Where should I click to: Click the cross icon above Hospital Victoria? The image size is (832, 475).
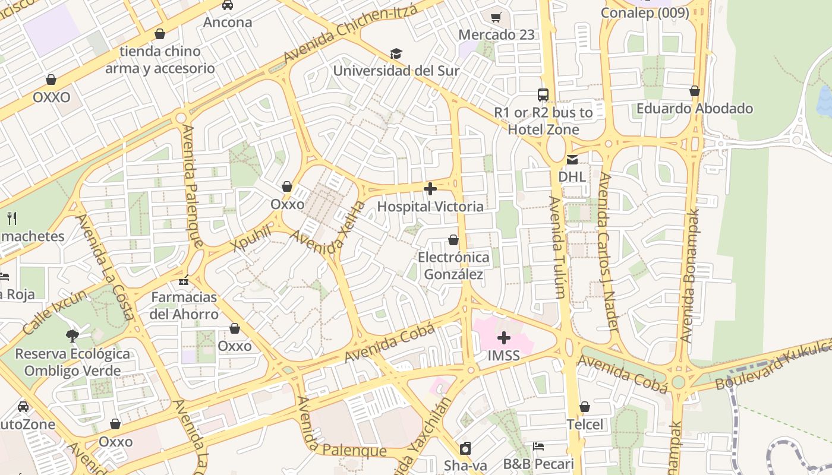pyautogui.click(x=430, y=189)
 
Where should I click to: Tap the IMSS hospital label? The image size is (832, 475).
pyautogui.click(x=503, y=356)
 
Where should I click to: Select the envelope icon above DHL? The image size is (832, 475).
pyautogui.click(x=572, y=159)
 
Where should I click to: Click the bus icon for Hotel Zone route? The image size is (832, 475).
pyautogui.click(x=543, y=94)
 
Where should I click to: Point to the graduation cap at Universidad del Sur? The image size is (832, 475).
pyautogui.click(x=396, y=53)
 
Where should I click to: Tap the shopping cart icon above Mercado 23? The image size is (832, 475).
pyautogui.click(x=496, y=17)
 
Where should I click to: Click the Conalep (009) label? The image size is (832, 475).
pyautogui.click(x=645, y=12)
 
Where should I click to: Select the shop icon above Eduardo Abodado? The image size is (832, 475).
pyautogui.click(x=694, y=91)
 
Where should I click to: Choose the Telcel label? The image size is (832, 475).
pyautogui.click(x=585, y=424)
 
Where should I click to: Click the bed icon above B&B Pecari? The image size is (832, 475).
pyautogui.click(x=538, y=446)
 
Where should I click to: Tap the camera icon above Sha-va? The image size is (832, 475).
pyautogui.click(x=465, y=448)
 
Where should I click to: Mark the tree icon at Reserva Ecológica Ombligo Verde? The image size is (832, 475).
pyautogui.click(x=73, y=336)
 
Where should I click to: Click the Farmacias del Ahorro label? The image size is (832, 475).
pyautogui.click(x=184, y=305)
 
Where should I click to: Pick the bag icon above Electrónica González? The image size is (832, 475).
pyautogui.click(x=453, y=240)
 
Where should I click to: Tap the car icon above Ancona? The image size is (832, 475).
pyautogui.click(x=228, y=5)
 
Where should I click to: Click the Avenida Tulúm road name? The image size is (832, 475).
pyautogui.click(x=557, y=246)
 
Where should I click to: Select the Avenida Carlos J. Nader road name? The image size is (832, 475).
pyautogui.click(x=609, y=252)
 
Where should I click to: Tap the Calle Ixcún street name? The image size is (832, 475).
pyautogui.click(x=55, y=309)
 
